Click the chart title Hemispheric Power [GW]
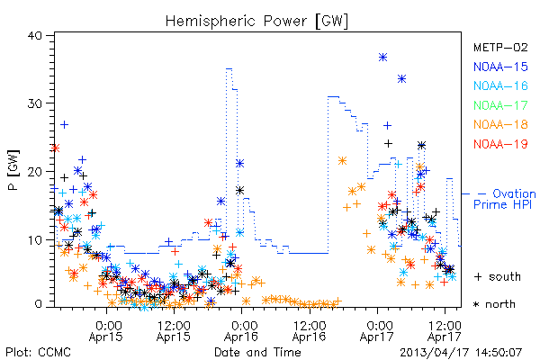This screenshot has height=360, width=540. [256, 22]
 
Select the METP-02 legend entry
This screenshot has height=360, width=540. [500, 47]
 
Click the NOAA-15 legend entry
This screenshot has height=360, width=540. [500, 67]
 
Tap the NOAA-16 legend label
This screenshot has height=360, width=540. [500, 85]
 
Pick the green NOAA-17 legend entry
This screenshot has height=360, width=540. [500, 105]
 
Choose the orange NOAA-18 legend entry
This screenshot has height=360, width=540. [500, 124]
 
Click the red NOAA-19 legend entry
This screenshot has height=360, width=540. [500, 144]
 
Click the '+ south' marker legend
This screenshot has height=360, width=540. [498, 276]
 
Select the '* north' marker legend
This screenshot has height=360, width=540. [494, 304]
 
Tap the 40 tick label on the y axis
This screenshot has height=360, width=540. [34, 35]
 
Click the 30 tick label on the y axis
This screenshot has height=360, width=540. [34, 103]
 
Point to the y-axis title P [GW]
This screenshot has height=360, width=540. [13, 170]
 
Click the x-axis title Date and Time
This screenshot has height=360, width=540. [257, 352]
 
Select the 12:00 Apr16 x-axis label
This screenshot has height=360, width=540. [310, 331]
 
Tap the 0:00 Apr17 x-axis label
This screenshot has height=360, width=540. [377, 331]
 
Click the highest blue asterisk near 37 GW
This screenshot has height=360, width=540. [383, 58]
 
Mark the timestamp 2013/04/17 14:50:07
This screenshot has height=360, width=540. [461, 353]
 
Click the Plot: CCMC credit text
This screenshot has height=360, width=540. [38, 352]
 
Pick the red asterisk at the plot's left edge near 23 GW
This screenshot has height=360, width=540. [55, 148]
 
